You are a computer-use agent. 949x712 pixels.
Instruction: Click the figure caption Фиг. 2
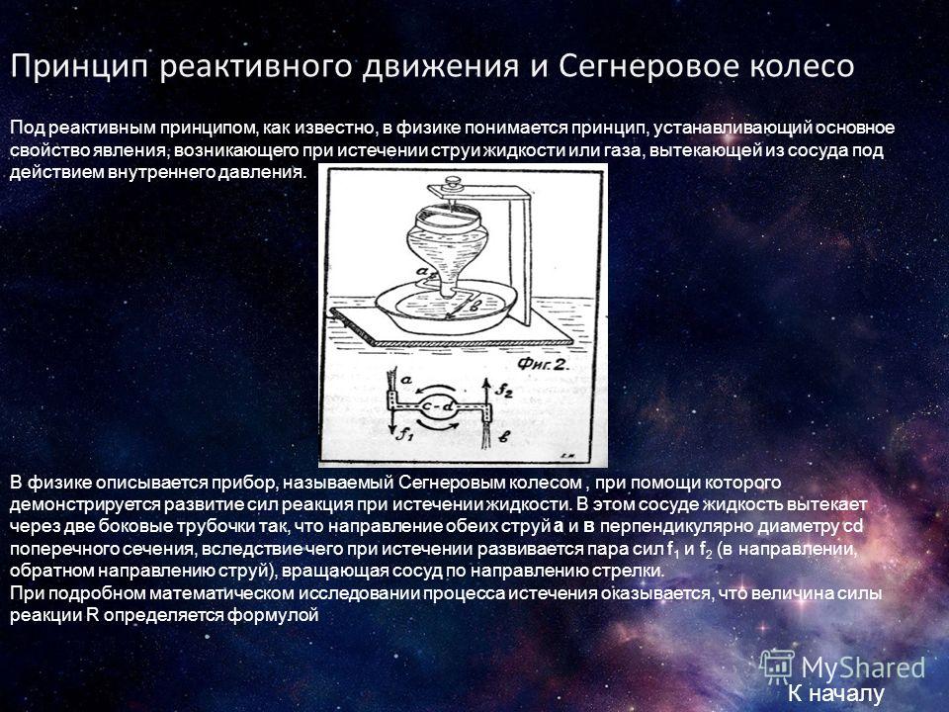click(544, 364)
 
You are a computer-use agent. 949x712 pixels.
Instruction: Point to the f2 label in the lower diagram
click(504, 391)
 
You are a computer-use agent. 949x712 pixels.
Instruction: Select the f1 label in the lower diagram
click(404, 432)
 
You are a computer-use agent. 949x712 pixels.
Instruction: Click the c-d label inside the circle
click(438, 407)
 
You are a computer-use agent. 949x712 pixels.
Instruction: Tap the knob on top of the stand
click(452, 184)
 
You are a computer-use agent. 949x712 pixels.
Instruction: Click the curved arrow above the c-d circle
click(435, 390)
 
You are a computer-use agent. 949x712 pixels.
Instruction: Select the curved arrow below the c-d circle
click(438, 426)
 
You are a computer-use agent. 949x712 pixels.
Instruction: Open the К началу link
click(836, 693)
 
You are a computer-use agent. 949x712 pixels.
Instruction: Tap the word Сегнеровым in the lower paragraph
click(489, 484)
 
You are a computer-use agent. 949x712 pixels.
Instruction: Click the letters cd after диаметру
click(853, 526)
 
